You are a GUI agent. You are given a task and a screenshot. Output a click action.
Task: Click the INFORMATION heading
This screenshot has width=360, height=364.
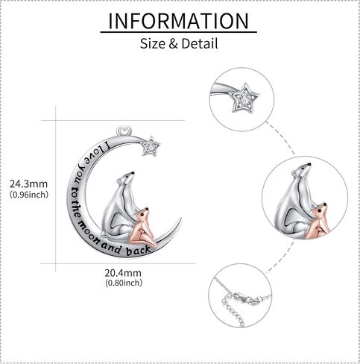(x=179, y=21)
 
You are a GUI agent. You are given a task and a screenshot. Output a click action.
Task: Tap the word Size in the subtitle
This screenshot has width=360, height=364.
(x=153, y=43)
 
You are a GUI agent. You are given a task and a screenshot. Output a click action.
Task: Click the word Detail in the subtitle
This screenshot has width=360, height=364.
(x=200, y=43)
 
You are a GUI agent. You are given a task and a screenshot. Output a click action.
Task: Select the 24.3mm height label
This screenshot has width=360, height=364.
(x=28, y=184)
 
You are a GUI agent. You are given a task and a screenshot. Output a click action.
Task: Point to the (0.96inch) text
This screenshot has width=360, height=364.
(x=29, y=194)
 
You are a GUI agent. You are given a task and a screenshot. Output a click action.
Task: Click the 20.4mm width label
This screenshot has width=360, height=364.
(x=123, y=273)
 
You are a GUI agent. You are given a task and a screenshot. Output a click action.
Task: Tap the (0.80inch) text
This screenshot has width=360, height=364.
(x=124, y=283)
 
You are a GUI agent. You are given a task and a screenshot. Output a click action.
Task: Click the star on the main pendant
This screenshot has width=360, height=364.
(x=151, y=146)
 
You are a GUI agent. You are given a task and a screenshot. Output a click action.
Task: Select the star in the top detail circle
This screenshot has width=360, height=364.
(x=244, y=98)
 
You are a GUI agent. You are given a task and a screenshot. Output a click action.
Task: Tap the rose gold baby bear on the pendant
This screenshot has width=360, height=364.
(x=142, y=228)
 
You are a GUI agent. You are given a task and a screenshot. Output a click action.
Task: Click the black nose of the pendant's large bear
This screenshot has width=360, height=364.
(x=133, y=173)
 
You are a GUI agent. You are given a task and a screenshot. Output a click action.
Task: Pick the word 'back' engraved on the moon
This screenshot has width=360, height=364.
(x=138, y=251)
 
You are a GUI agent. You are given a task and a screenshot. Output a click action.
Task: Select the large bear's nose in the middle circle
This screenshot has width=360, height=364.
(x=309, y=164)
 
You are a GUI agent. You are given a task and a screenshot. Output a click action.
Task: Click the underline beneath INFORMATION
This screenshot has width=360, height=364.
(x=178, y=32)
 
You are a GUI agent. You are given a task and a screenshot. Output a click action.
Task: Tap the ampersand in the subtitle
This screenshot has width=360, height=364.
(x=173, y=44)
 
